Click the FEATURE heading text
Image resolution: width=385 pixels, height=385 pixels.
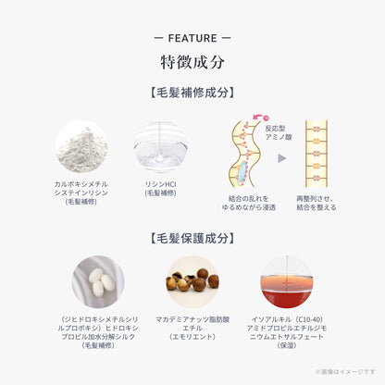click(x=192, y=38)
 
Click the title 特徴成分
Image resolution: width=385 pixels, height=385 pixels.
click(x=192, y=62)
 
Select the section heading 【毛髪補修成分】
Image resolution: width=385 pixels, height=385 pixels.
click(x=192, y=93)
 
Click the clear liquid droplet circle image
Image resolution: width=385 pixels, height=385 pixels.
click(x=160, y=146)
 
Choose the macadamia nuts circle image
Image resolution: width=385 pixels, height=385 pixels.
click(x=192, y=282)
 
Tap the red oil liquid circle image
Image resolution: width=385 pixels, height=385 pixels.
click(x=285, y=282)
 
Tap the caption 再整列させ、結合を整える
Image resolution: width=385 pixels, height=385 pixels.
click(x=318, y=204)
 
